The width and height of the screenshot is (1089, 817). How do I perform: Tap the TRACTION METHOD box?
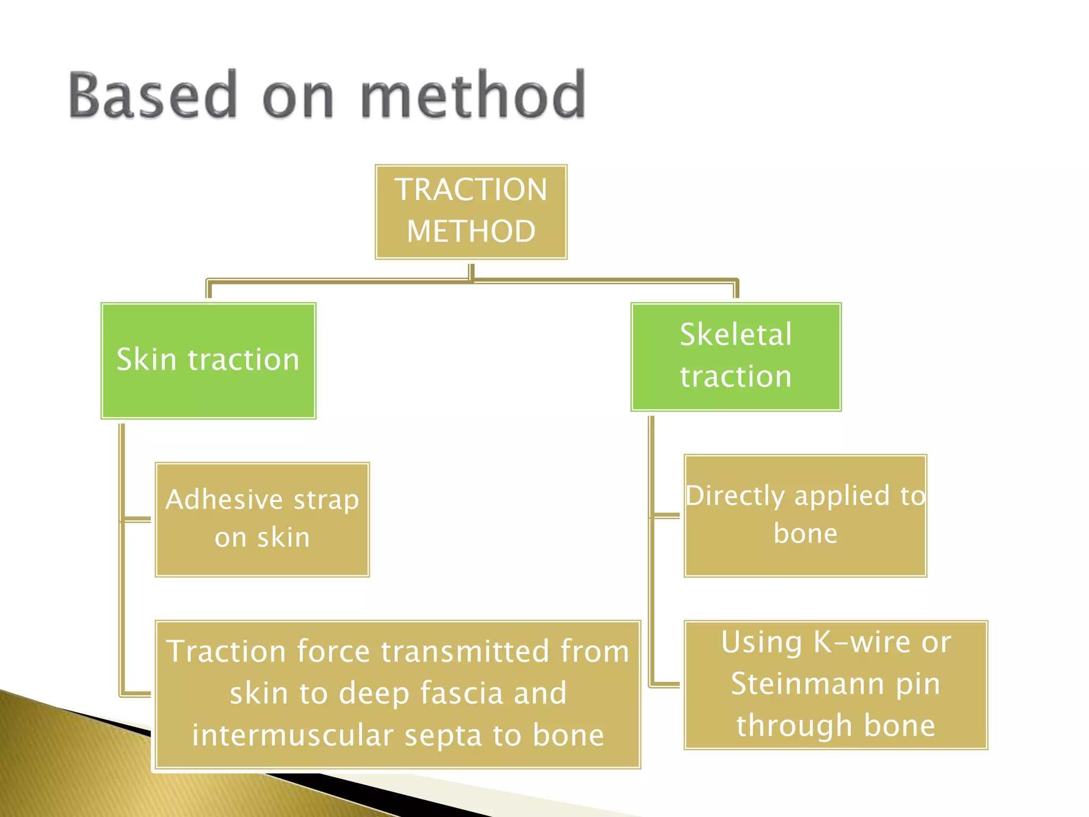tap(471, 212)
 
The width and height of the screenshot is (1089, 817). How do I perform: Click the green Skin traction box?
tap(208, 361)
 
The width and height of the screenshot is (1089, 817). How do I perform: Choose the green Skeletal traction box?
tap(736, 356)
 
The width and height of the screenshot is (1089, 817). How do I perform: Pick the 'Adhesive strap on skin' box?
tap(262, 519)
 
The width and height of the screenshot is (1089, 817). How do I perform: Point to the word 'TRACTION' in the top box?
tap(471, 189)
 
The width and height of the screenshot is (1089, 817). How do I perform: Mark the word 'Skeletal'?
tap(736, 335)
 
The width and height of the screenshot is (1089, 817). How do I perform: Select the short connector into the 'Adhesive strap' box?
tap(137, 519)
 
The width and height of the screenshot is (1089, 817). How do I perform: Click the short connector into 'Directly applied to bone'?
tap(666, 515)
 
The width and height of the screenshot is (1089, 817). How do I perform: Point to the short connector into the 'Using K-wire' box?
tap(666, 685)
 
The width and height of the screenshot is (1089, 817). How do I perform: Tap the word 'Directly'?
tap(735, 496)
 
